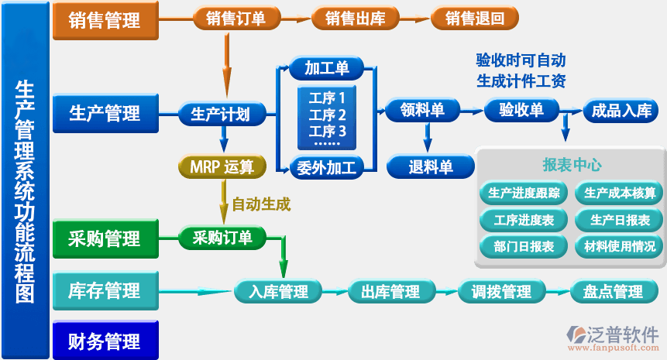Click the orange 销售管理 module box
point(105,20)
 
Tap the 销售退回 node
point(474,19)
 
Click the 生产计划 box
point(220,115)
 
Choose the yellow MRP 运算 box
point(222,166)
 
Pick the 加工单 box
point(326,69)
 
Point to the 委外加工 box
point(326,166)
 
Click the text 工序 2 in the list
point(327,115)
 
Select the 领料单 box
point(422,111)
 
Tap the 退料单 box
point(431,166)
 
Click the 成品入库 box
point(621,111)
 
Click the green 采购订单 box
point(222,238)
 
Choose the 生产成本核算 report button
point(619,193)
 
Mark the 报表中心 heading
point(572,165)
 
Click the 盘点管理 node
point(608,292)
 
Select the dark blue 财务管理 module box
point(105,341)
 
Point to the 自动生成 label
point(261,205)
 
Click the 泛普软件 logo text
point(623,333)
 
